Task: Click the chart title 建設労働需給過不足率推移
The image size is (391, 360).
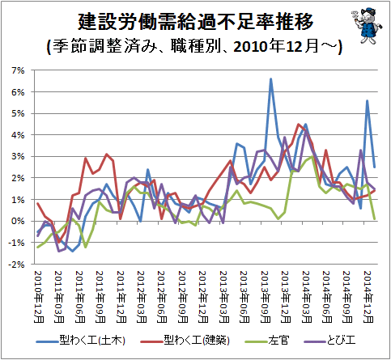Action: point(195,21)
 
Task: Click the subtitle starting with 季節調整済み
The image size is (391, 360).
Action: point(195,46)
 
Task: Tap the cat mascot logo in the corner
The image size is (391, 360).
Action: point(367,25)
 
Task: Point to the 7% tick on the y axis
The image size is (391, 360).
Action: point(19,70)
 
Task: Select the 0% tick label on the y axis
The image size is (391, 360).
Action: point(19,221)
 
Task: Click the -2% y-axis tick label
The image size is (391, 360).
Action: point(17,265)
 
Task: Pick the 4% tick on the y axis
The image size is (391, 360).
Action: point(19,135)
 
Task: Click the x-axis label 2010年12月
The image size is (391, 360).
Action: point(39,297)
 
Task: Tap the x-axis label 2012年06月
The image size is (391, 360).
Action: point(162,297)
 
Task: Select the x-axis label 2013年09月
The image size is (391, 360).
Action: point(265,297)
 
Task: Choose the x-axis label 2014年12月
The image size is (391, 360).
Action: point(368,297)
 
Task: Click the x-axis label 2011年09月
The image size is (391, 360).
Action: point(100,297)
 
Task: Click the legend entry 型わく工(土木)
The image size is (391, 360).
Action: point(80,341)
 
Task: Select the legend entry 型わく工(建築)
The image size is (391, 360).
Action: point(185,341)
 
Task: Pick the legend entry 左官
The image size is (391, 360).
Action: point(266,341)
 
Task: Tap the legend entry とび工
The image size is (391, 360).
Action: point(329,341)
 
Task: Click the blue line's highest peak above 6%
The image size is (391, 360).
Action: point(271,78)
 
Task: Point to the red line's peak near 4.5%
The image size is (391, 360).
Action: point(298,124)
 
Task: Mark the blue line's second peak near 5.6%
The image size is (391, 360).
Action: point(368,100)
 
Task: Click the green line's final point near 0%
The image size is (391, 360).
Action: point(375,218)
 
